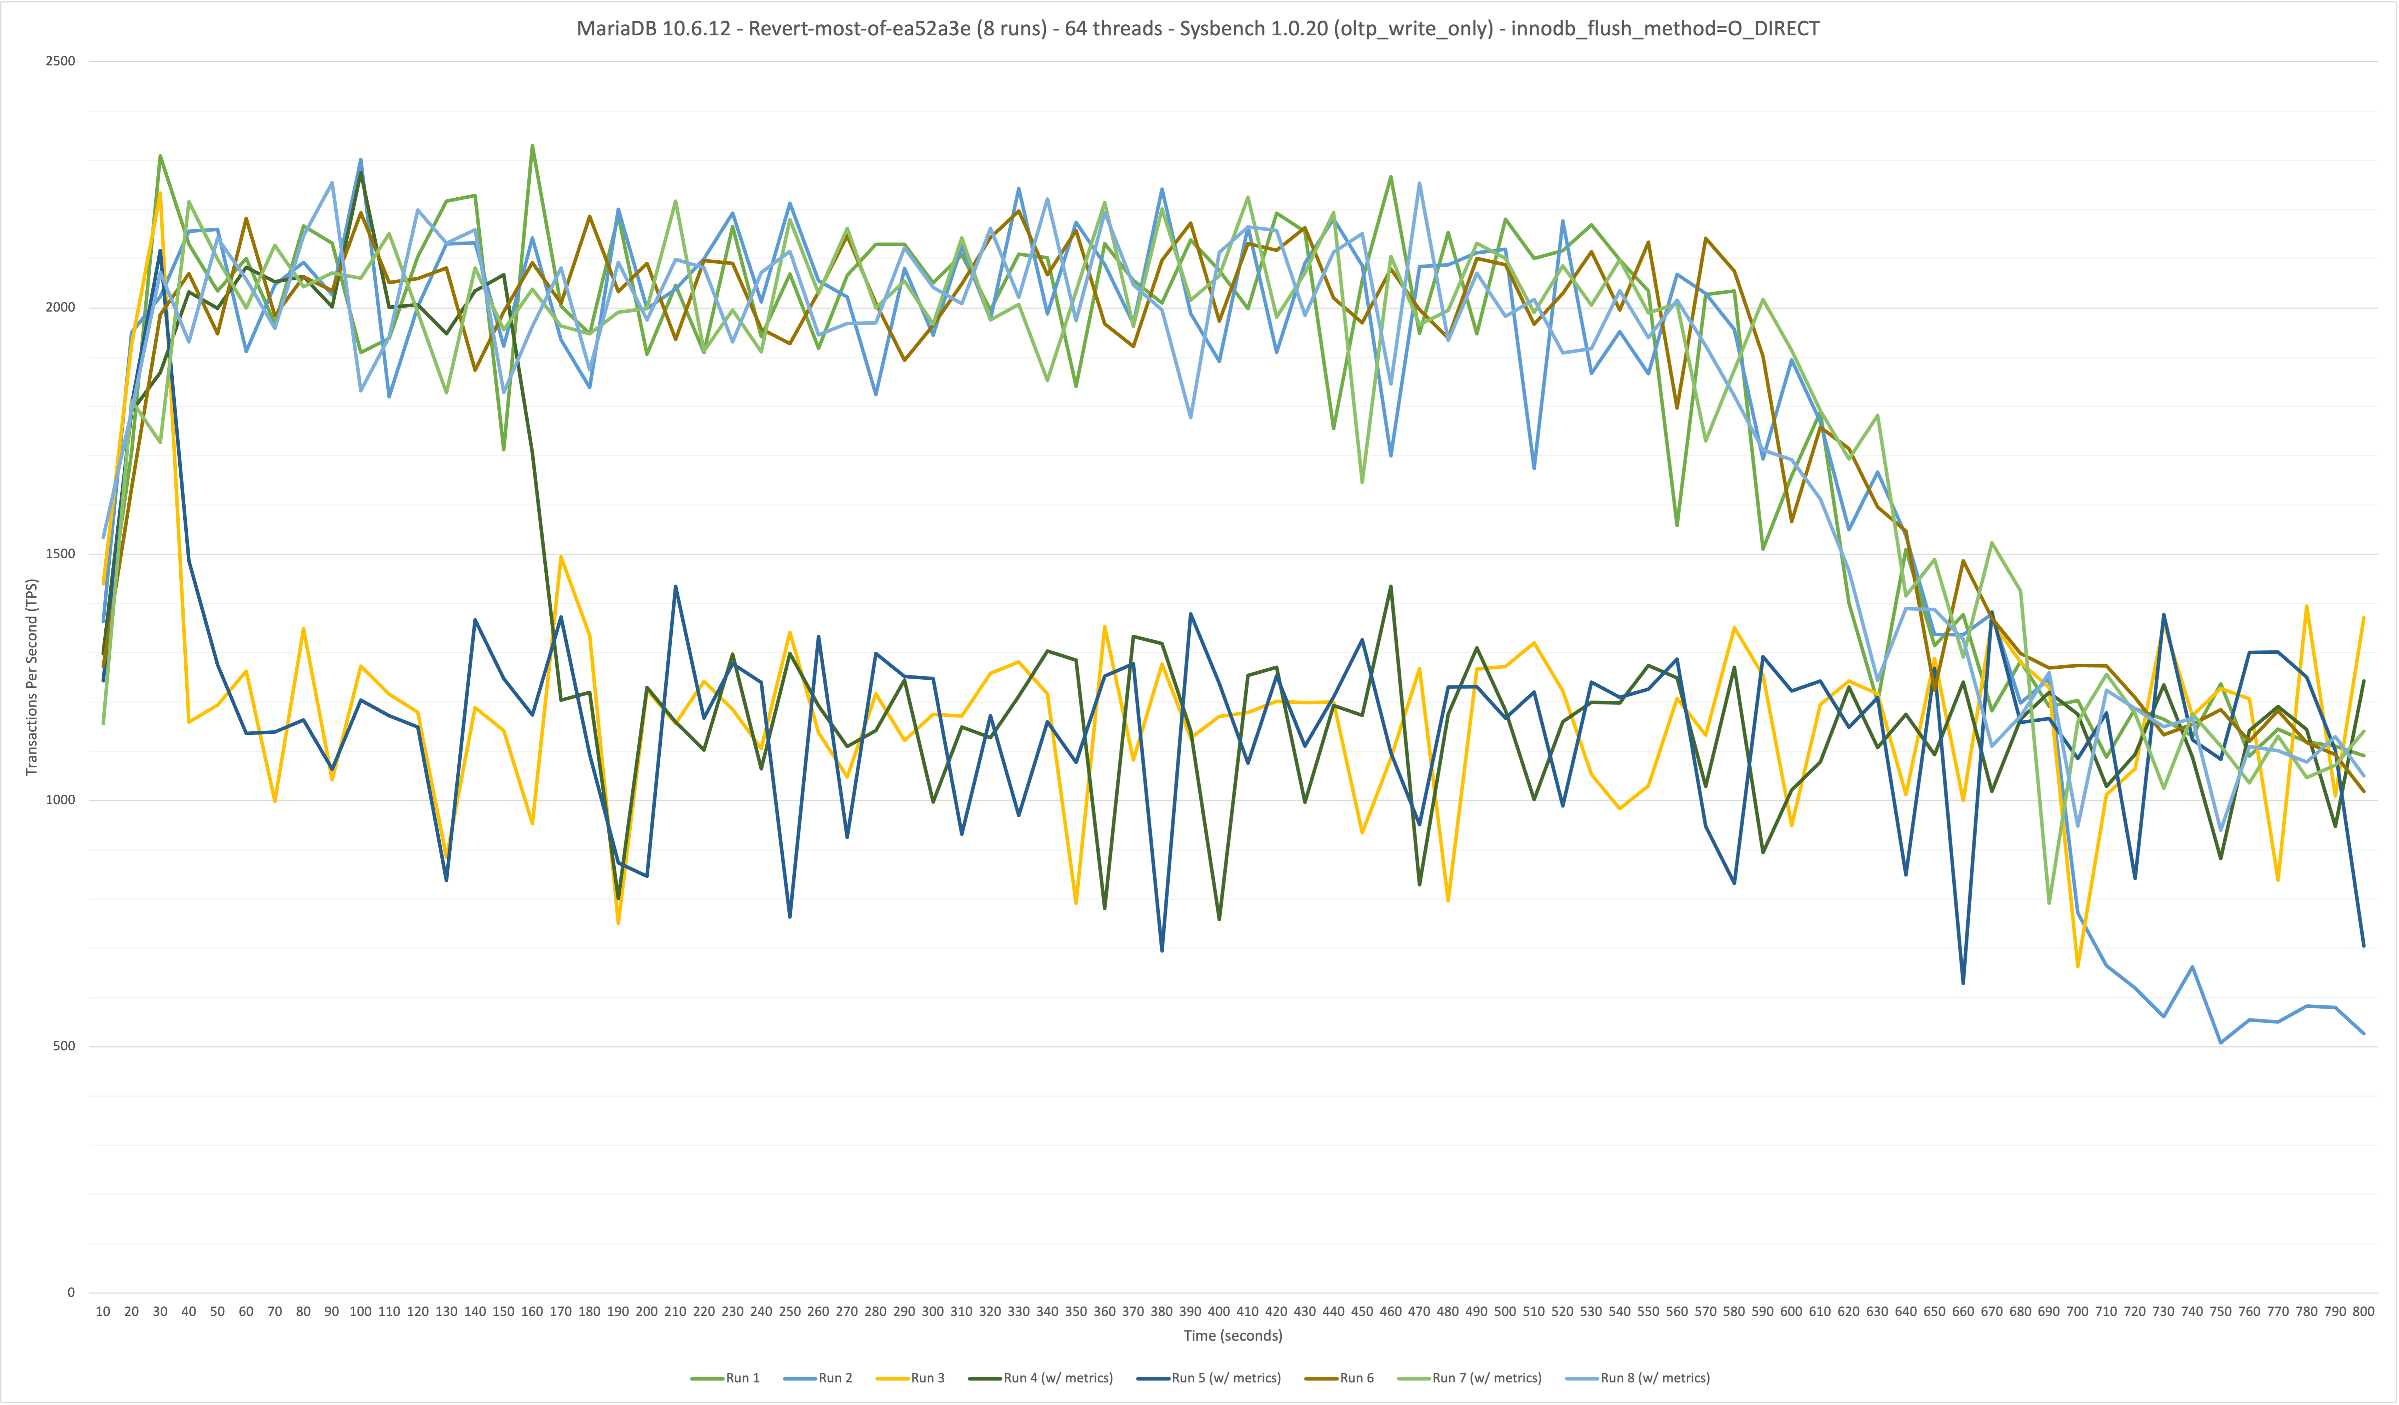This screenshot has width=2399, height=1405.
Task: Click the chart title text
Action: pyautogui.click(x=1198, y=29)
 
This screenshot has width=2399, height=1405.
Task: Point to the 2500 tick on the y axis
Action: pyautogui.click(x=60, y=61)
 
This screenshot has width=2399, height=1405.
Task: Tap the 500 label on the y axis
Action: pyautogui.click(x=63, y=1046)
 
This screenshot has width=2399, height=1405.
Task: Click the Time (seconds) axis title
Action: pyautogui.click(x=1233, y=1336)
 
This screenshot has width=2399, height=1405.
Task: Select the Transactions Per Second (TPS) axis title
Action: pyautogui.click(x=31, y=677)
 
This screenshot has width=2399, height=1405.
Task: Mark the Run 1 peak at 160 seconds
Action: pyautogui.click(x=532, y=146)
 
